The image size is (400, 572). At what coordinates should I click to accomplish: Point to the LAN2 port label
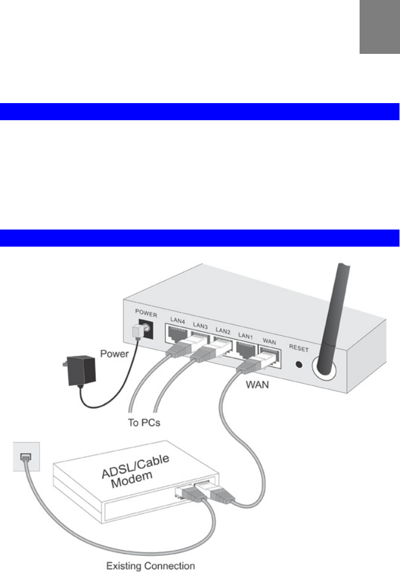(223, 330)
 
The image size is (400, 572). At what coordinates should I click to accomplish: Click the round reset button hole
(298, 364)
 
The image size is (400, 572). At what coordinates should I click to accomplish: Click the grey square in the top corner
(379, 26)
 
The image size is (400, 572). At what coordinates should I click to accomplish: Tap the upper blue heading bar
(200, 111)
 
